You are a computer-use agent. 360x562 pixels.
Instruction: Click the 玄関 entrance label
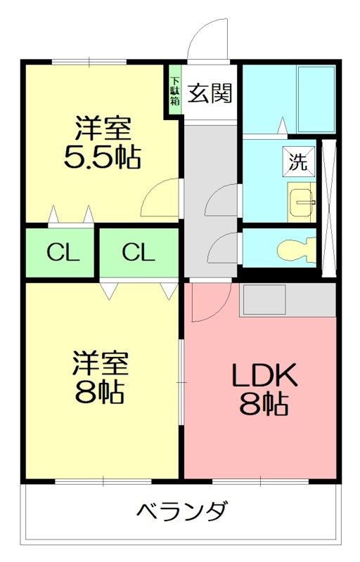[210, 93]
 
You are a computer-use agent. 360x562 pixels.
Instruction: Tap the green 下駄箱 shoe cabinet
[175, 89]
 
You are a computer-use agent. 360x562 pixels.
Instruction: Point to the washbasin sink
[302, 202]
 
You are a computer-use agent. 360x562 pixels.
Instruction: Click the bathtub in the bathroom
[316, 99]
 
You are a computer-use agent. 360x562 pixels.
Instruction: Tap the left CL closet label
[63, 253]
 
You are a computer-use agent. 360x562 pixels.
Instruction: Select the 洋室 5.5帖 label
[102, 143]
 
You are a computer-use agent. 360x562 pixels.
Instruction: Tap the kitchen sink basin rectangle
[264, 300]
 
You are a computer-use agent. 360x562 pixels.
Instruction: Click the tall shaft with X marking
[329, 208]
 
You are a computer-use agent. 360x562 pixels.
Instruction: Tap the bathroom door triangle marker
[283, 126]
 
